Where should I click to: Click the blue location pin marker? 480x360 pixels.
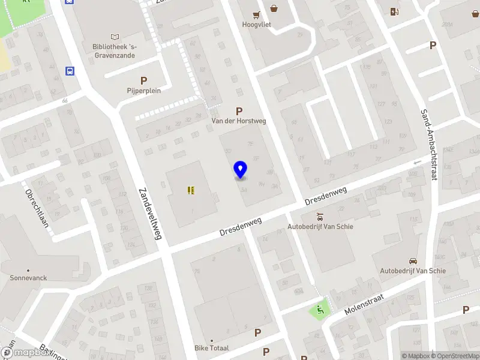click(240, 170)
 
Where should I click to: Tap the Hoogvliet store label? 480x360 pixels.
click(257, 25)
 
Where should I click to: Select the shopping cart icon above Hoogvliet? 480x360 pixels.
click(257, 14)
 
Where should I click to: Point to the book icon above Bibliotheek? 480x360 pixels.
click(115, 37)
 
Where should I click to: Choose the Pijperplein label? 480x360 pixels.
click(144, 91)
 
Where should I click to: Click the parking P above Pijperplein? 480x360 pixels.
click(143, 80)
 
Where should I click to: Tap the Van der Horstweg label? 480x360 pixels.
click(239, 121)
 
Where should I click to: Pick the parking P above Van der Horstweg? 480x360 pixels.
click(239, 111)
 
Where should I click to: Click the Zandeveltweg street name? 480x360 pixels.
click(151, 213)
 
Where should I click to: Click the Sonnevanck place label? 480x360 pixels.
click(28, 278)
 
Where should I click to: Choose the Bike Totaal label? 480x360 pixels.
click(211, 348)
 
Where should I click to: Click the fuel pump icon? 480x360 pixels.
click(394, 11)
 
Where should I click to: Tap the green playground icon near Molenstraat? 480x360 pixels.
click(319, 310)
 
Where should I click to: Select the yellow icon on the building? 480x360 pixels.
click(191, 190)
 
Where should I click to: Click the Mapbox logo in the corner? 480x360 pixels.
click(25, 353)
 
